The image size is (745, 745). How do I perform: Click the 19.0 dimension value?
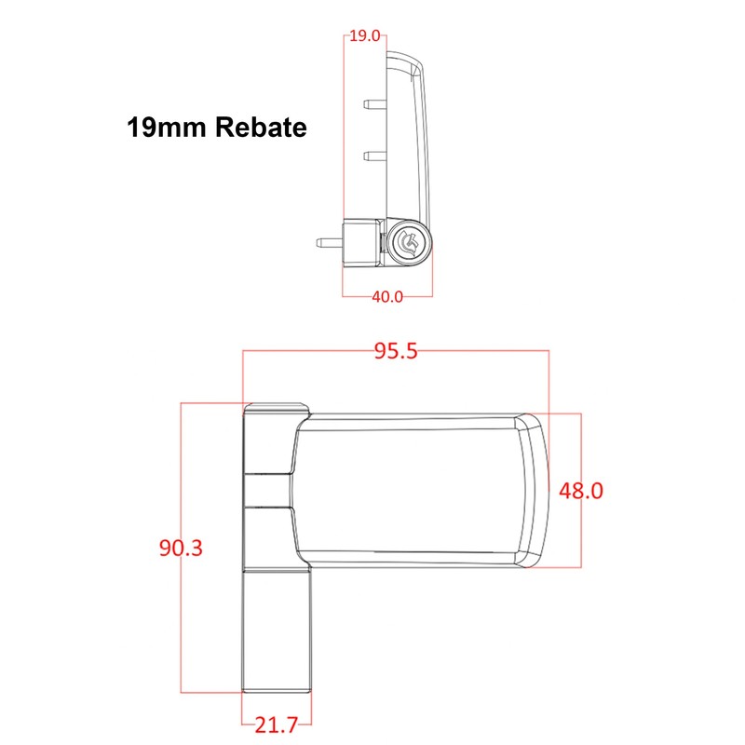[365, 37]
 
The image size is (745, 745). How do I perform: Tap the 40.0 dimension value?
[387, 297]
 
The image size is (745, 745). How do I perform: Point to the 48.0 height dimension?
[582, 490]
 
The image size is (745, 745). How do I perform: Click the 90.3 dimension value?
[180, 548]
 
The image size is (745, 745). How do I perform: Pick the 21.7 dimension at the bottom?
[277, 725]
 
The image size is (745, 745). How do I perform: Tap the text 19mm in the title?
[160, 128]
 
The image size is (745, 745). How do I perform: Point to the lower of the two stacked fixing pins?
[372, 153]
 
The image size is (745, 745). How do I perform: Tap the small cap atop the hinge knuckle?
[277, 406]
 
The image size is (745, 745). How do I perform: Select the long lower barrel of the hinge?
[277, 630]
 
